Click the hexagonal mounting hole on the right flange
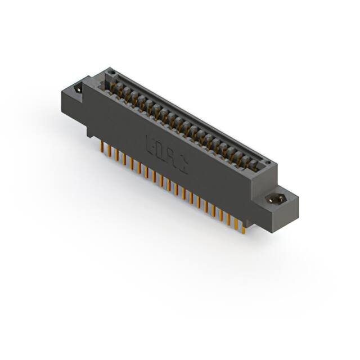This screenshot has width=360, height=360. tap(276, 199)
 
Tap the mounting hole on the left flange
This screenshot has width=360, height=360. tap(78, 88)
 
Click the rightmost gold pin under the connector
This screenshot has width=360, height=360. tap(243, 227)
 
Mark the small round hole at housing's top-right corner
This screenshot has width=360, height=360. tap(268, 163)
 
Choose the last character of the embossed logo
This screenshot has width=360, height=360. tap(184, 163)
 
